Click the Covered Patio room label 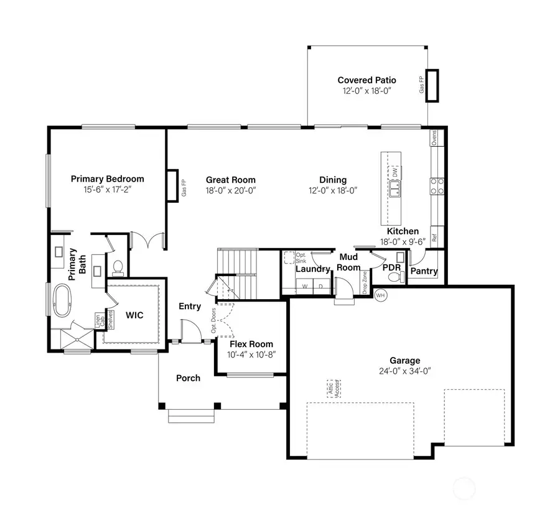pos(366,80)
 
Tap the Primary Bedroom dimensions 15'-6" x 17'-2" pos(107,189)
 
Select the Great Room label pos(231,180)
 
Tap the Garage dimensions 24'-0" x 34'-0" pos(405,371)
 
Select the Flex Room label pos(251,344)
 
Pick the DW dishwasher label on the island pos(394,172)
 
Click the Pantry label pos(424,272)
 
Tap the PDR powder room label pos(391,267)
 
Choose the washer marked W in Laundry pos(305,286)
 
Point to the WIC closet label pos(134,315)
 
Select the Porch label pos(188,378)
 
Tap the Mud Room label pos(349,262)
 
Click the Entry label pos(190,306)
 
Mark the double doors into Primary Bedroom pos(148,241)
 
